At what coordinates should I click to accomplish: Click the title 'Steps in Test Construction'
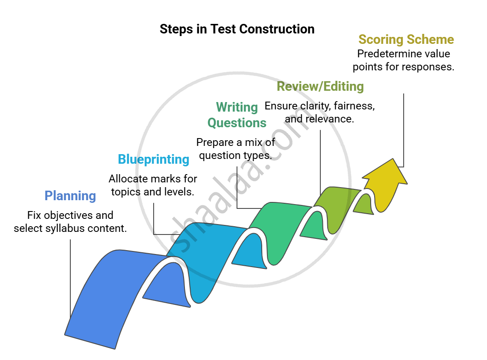point(237,29)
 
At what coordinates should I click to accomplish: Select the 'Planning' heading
point(70,196)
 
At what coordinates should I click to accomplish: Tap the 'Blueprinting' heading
point(154,159)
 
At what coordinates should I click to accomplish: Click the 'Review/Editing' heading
point(320,86)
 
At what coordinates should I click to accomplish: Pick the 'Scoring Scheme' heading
point(406,40)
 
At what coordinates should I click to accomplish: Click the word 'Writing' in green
point(237,107)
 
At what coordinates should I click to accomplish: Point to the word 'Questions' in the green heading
point(237,123)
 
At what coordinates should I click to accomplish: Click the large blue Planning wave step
point(104,295)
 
